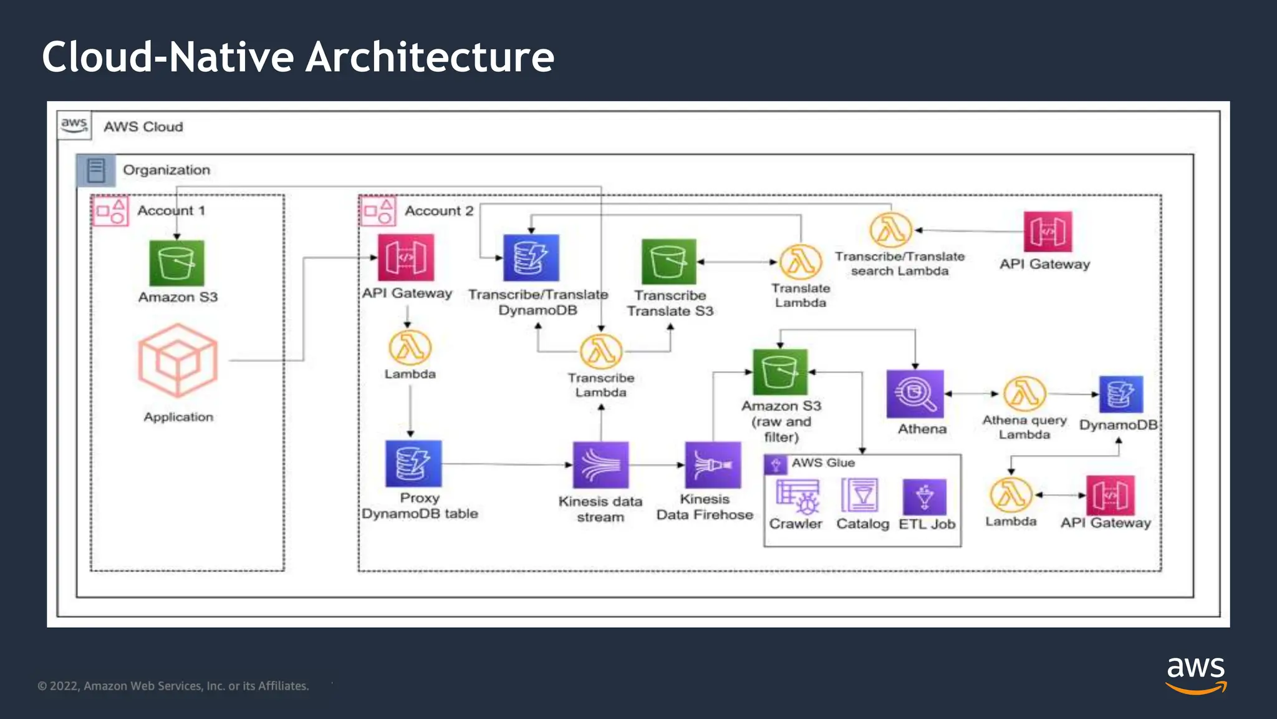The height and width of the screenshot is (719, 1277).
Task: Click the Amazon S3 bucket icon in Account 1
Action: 176,263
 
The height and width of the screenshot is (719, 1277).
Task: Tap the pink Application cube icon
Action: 178,360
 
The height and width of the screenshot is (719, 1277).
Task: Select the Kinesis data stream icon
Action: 600,465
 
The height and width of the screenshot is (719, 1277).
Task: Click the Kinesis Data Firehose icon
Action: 713,465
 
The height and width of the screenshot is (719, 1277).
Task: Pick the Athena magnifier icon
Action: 915,394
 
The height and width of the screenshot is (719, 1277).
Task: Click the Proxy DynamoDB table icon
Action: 413,464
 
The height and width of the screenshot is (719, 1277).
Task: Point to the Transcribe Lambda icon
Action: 601,351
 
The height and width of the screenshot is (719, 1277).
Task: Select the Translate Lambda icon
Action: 801,262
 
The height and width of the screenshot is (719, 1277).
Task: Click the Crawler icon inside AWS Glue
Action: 797,496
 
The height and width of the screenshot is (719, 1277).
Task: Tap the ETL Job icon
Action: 924,497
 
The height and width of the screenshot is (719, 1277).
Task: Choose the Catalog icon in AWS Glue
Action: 860,496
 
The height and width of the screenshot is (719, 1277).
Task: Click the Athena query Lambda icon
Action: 1024,394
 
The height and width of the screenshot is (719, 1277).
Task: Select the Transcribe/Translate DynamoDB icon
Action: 531,258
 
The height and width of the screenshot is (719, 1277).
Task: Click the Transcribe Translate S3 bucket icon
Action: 668,262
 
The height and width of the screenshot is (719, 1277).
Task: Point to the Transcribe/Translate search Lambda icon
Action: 890,230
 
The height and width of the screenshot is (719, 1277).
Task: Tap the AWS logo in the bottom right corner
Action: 1195,674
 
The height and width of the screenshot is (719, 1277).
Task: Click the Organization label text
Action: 166,170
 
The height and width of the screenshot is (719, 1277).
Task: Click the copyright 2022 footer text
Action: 173,686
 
